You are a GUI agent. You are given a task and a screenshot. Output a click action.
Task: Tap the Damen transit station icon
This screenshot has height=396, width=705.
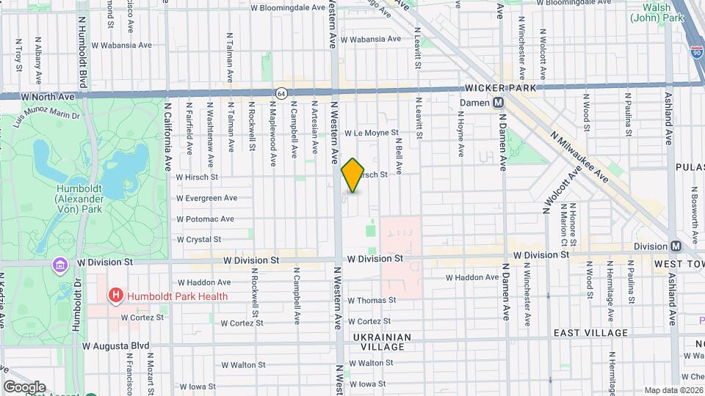498,103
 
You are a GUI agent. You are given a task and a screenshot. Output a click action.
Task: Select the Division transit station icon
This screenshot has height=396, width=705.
676,246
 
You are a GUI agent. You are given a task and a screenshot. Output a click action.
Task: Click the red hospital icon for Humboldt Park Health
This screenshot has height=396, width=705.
115,296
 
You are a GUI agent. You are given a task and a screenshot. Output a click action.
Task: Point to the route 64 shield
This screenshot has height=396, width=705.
281,93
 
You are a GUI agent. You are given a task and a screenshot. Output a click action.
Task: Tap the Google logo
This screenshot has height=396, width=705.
23,386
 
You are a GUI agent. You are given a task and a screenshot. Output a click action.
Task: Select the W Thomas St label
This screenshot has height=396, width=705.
372,300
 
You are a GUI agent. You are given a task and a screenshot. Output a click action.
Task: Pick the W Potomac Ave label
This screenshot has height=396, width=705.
205,219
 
